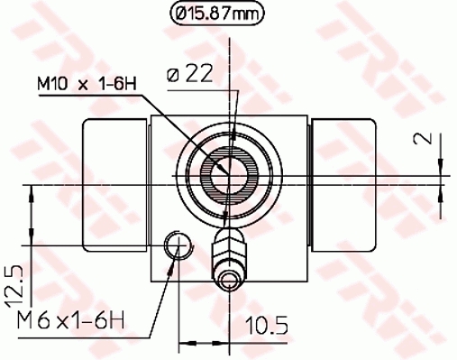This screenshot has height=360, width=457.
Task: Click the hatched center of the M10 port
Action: (x=225, y=169)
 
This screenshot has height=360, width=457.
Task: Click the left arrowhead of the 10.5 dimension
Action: (x=185, y=342)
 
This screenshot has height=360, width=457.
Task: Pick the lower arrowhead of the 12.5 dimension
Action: (x=34, y=238)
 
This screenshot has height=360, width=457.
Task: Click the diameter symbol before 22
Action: (x=173, y=76)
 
